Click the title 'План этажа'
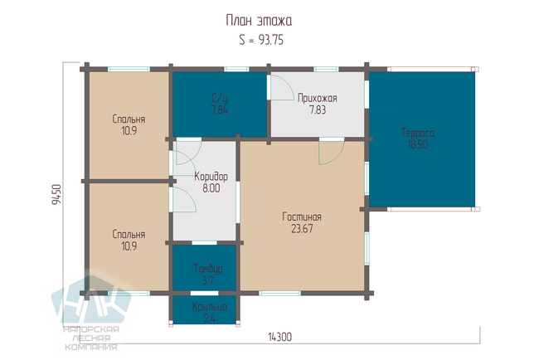(259, 21)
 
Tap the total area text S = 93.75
(261, 40)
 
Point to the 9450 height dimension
(56, 195)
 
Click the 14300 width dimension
(279, 337)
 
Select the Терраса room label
(418, 133)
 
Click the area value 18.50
(418, 144)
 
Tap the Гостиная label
(302, 216)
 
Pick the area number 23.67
(302, 229)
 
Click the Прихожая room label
(318, 99)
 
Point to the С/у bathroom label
(219, 99)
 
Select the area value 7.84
(219, 110)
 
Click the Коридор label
(211, 177)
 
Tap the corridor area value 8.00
(211, 188)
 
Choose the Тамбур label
(208, 269)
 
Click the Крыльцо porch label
(210, 306)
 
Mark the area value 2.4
(209, 318)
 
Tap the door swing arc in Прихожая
(288, 85)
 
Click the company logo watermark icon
(91, 299)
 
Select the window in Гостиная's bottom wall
(279, 294)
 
